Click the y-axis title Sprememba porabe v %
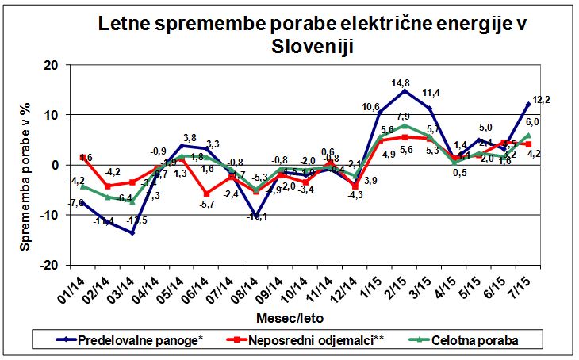coord(27,166)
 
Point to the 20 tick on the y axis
coord(51,65)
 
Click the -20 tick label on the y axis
coord(48,265)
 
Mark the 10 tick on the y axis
coord(51,115)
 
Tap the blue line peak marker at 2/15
coord(405,91)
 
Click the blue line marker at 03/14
coord(132,232)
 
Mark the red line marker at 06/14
coord(206,193)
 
